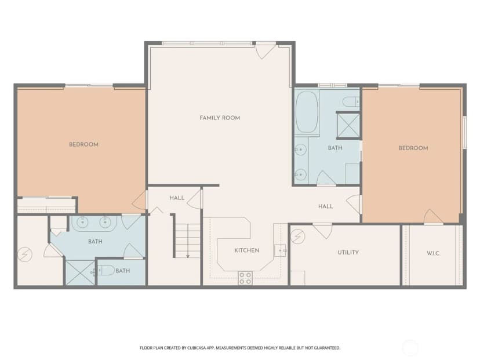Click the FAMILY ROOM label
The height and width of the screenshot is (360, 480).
(x=220, y=118)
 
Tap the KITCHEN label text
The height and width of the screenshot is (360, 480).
(x=247, y=250)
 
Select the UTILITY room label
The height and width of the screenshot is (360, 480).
(x=348, y=253)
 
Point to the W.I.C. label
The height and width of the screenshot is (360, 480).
(x=433, y=253)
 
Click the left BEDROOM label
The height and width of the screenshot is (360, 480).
(x=83, y=144)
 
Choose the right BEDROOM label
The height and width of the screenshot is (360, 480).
(x=413, y=148)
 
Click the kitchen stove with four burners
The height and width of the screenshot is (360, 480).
(x=245, y=278)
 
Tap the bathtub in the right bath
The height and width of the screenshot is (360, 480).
(x=307, y=112)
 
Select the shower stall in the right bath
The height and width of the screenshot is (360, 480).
(x=348, y=125)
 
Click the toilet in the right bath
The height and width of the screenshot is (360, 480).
(x=351, y=101)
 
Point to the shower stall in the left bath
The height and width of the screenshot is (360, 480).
(x=80, y=273)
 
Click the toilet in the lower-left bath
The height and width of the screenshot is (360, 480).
(x=106, y=270)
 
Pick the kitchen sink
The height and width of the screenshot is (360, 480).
(x=280, y=250)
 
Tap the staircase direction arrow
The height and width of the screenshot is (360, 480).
(x=188, y=241)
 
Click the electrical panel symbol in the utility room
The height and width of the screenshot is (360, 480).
(x=297, y=237)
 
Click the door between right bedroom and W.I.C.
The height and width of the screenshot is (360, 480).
(x=432, y=216)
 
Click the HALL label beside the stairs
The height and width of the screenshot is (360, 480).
(x=177, y=198)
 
